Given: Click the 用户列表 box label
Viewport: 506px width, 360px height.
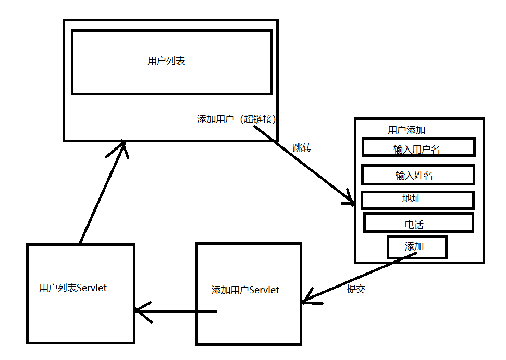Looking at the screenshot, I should click(166, 61).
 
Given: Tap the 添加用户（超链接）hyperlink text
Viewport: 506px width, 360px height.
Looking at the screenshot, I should click(236, 119).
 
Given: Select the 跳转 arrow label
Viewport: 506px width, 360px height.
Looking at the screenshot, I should click(302, 148).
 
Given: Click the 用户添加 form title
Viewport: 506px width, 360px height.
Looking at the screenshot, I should click(406, 130).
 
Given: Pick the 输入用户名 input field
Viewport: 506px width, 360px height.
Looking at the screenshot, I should click(418, 147).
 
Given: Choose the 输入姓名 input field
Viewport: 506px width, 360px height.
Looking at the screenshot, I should click(418, 175).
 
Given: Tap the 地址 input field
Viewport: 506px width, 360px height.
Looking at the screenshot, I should click(417, 200).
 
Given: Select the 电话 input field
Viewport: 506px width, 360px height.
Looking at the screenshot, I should click(418, 223).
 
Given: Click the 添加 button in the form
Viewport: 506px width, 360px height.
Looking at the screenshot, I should click(416, 247).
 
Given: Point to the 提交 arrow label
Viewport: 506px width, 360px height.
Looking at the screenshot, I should click(356, 290).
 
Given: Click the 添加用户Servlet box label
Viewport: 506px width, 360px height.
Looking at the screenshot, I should click(245, 290).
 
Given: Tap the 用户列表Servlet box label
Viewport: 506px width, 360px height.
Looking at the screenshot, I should click(73, 288).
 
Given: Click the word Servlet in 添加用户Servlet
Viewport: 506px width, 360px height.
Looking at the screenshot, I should click(264, 290).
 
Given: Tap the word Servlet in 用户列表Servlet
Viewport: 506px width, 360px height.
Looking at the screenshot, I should click(92, 288).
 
